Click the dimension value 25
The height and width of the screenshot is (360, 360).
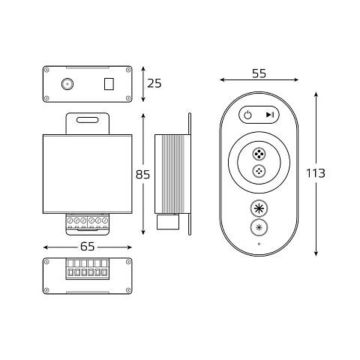[x=154, y=83]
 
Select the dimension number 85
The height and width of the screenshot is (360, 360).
[x=142, y=175]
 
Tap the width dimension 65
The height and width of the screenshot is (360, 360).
[x=88, y=247]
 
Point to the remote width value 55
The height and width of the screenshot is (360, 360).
[x=259, y=73]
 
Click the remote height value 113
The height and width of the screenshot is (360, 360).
[x=316, y=173]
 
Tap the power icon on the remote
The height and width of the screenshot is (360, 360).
[x=247, y=115]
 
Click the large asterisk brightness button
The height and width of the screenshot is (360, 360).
[x=259, y=208]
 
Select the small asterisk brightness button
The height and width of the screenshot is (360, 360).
[x=259, y=227]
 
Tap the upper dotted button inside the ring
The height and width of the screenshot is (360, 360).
[x=259, y=154]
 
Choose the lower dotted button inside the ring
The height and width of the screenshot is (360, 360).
[x=259, y=171]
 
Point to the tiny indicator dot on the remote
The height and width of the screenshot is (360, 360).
[x=259, y=244]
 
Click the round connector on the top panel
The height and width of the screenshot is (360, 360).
[x=67, y=84]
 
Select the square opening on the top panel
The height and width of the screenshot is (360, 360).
[x=109, y=84]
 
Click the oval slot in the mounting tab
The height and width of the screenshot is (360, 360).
[x=88, y=120]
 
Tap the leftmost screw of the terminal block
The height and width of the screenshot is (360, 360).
[x=70, y=220]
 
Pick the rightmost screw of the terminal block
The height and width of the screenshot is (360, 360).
[x=105, y=220]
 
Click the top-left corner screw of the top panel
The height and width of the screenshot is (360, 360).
[x=46, y=70]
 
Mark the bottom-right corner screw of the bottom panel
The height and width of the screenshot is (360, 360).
[x=128, y=289]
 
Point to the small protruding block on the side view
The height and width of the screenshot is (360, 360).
[x=168, y=222]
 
